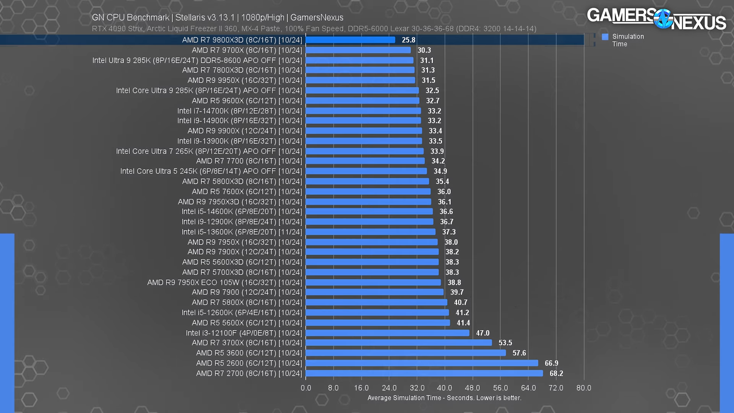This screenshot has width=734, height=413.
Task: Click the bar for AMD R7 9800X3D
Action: tap(350, 40)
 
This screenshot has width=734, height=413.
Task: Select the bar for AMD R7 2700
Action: tap(424, 373)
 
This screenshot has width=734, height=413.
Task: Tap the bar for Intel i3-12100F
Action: tap(387, 333)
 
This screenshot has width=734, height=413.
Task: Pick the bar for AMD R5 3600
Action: tap(406, 353)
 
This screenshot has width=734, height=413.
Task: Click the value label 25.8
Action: tap(408, 40)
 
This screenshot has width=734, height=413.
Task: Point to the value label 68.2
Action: tap(556, 373)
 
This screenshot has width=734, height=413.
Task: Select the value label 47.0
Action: tap(482, 333)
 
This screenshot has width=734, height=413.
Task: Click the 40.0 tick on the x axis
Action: tap(445, 388)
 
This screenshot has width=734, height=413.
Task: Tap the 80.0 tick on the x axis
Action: tap(584, 388)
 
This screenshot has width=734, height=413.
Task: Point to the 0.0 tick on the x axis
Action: tap(306, 388)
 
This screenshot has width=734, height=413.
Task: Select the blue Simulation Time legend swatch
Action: tap(605, 37)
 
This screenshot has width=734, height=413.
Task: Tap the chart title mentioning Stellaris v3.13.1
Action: tap(218, 18)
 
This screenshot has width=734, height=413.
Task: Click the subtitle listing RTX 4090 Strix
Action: tap(314, 29)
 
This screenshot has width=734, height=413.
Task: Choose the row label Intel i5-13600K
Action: tap(242, 232)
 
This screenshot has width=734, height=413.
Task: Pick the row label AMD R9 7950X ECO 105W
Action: tap(224, 283)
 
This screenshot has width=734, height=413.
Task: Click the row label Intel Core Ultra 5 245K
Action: tap(211, 171)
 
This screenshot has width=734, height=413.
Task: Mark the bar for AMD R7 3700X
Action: tap(399, 343)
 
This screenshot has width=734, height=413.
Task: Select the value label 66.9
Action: tap(551, 363)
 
